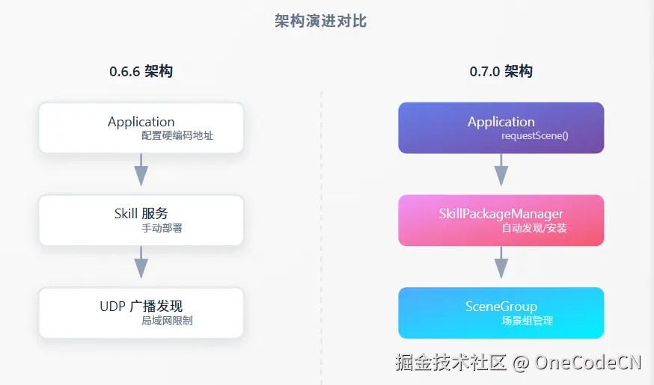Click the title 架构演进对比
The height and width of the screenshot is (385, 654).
(321, 21)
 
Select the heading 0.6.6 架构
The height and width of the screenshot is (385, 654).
(141, 72)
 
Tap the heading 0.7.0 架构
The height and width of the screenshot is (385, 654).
(501, 72)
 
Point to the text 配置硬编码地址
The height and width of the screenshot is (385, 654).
(177, 136)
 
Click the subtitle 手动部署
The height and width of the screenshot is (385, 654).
(162, 228)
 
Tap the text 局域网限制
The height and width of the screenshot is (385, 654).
(167, 321)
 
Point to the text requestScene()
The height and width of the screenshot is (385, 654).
(534, 136)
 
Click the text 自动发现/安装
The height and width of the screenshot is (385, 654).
(534, 228)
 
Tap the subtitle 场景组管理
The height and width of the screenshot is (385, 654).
(527, 321)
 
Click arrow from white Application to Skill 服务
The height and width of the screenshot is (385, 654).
(141, 170)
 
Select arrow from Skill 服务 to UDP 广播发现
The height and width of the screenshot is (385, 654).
(141, 263)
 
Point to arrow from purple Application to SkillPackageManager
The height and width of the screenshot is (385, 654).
(501, 170)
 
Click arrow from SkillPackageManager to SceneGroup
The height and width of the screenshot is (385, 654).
(501, 263)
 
